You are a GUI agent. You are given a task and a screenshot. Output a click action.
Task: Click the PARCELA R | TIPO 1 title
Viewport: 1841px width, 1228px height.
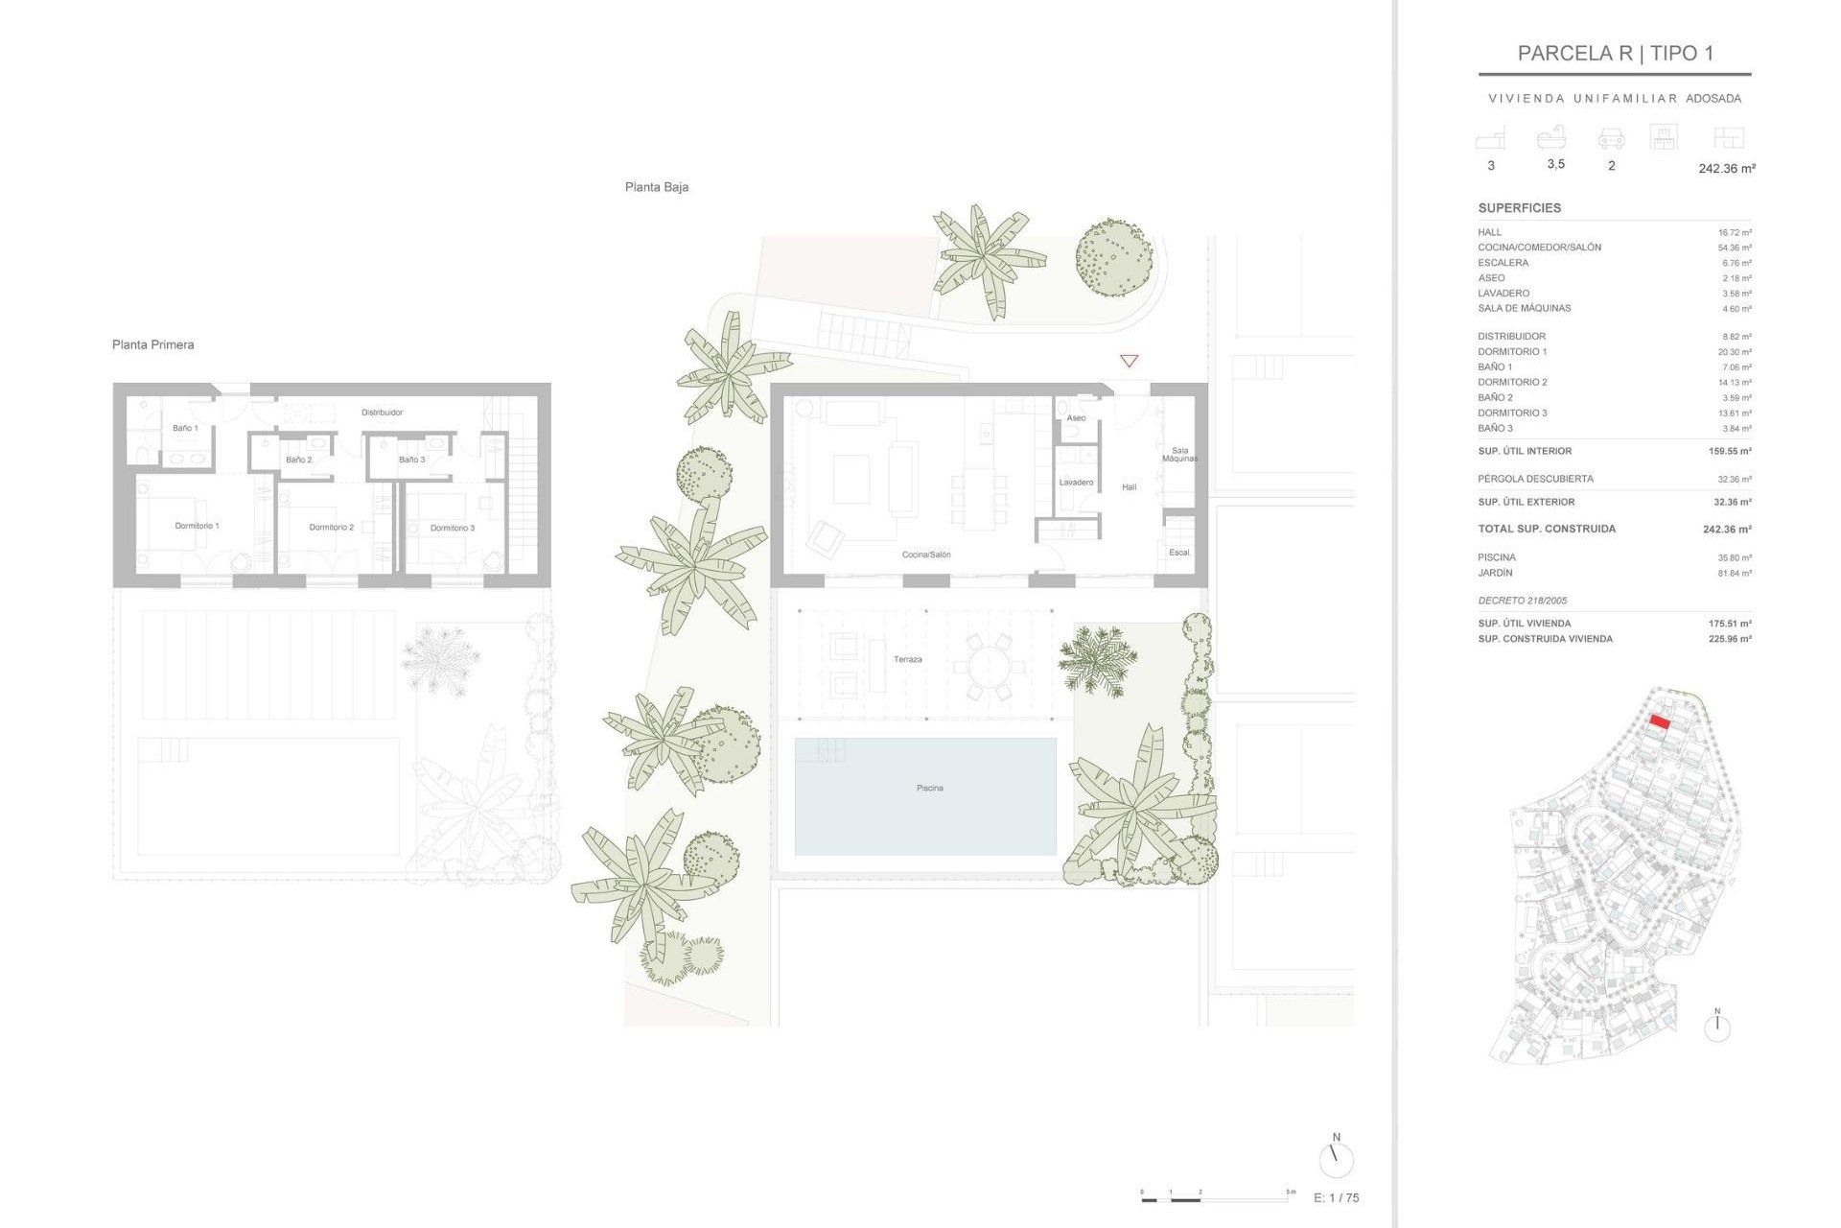point(1615,54)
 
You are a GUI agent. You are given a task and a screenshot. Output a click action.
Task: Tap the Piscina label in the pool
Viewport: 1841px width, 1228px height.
point(929,788)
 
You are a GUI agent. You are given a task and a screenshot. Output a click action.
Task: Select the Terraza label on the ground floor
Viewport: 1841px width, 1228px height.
point(907,659)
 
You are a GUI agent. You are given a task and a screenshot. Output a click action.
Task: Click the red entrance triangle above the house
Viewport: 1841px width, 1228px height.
point(1129,361)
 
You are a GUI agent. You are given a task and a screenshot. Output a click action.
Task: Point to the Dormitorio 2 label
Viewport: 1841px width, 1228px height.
point(331,527)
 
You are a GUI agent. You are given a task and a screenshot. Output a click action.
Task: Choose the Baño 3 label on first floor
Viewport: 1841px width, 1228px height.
point(411,460)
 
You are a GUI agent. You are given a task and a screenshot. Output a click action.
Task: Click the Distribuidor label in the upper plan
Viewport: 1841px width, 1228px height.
point(382,413)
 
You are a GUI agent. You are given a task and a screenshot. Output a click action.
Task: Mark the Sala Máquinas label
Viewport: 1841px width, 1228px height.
point(1179,455)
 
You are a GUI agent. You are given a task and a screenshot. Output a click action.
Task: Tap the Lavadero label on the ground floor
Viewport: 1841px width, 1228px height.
point(1076,483)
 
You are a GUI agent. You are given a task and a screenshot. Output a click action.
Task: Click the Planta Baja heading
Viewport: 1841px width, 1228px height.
point(656,187)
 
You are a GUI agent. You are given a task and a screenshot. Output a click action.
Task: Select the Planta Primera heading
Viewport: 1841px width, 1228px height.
point(152,344)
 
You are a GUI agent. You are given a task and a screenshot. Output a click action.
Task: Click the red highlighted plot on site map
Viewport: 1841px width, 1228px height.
point(1660,722)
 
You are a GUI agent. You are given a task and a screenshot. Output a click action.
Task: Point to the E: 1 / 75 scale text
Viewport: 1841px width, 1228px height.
point(1336,1197)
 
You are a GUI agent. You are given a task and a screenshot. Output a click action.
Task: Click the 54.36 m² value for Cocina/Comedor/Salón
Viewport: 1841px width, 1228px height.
point(1734,248)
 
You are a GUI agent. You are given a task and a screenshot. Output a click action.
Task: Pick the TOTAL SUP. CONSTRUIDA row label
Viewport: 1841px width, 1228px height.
point(1546,529)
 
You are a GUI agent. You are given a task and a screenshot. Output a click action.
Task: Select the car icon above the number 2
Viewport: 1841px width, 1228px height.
point(1611,140)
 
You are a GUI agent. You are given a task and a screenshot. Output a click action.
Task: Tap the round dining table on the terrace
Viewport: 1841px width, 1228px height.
point(988,665)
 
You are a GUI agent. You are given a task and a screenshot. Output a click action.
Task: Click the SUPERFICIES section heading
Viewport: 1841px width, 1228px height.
point(1519,208)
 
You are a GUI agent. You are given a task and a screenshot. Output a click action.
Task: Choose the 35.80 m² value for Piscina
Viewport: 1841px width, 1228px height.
point(1734,557)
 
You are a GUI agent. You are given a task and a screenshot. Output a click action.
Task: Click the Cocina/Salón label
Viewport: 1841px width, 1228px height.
point(925,555)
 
